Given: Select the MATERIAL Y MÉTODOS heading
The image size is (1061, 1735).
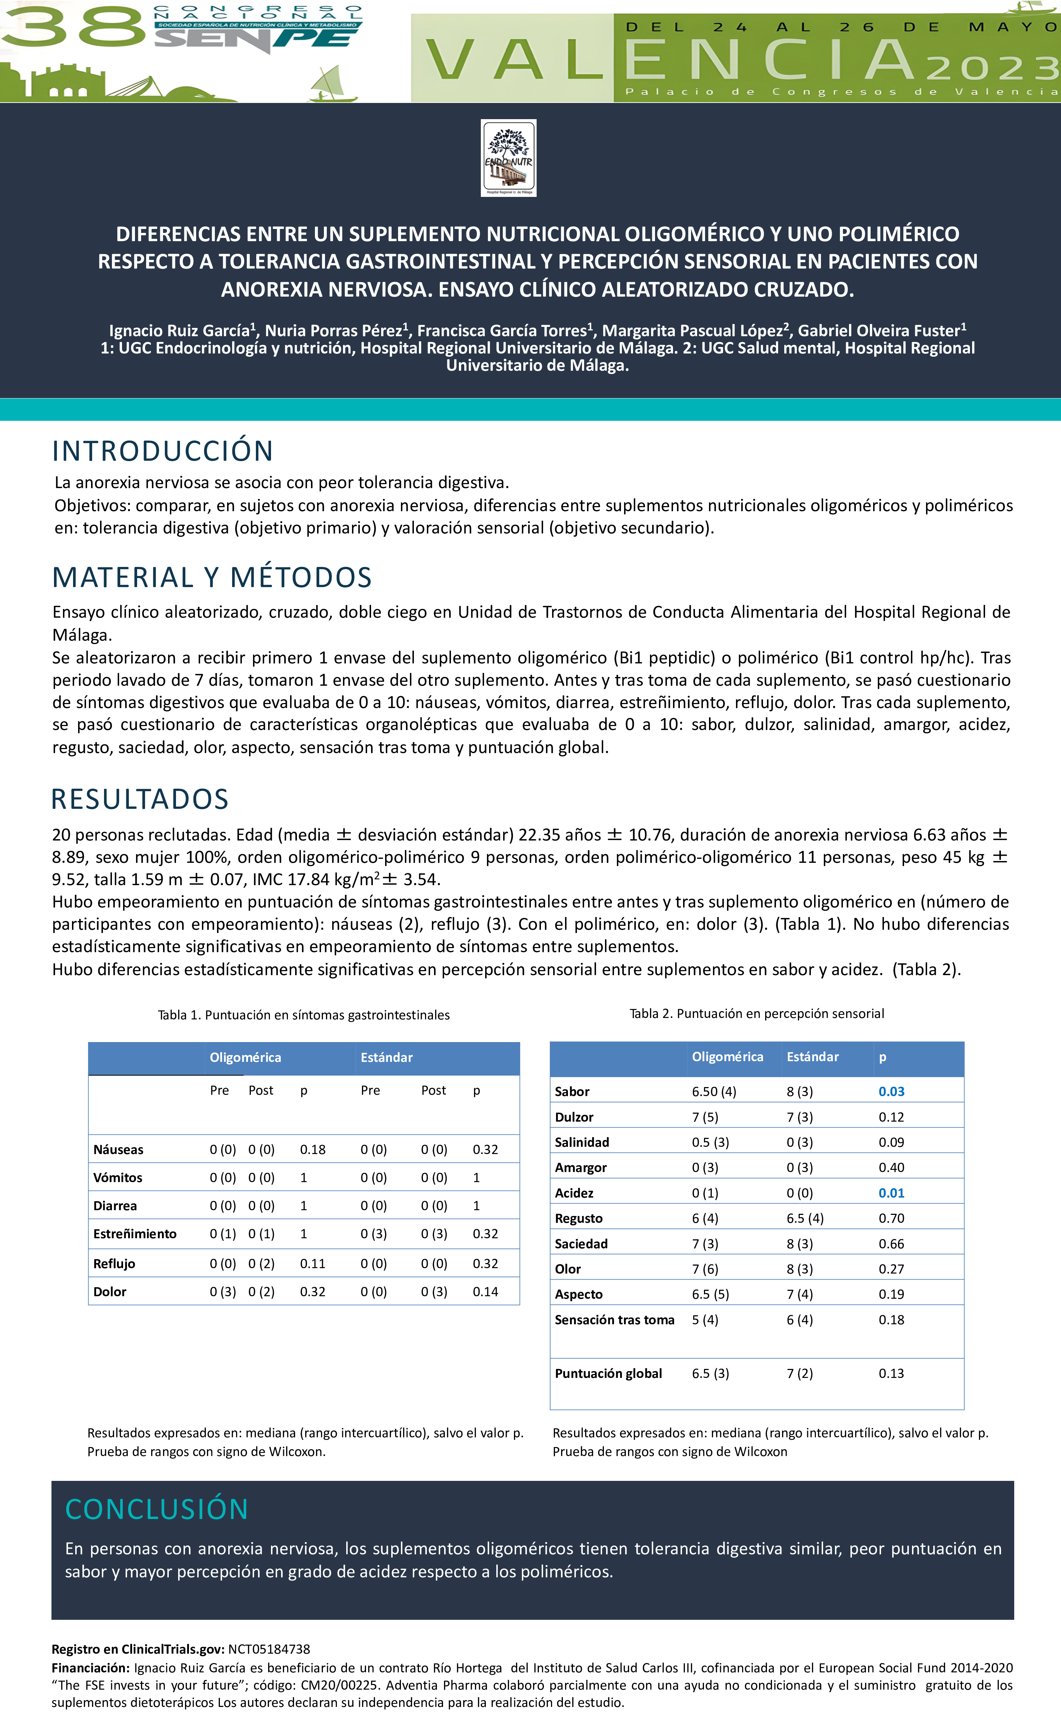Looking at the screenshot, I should point(212,577).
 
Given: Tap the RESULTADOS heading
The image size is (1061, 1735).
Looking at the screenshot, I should point(140,799).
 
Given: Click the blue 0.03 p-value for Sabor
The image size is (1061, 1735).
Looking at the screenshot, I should point(891,1091).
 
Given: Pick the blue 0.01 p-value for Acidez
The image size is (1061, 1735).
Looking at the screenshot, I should point(891,1193).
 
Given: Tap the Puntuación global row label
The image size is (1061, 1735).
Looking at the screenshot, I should point(608,1373).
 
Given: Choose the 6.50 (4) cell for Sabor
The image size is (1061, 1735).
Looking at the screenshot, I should point(714,1091).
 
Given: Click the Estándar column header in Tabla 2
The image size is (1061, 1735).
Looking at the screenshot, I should point(812,1056).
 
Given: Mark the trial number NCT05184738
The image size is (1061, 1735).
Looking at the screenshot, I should point(269,1649).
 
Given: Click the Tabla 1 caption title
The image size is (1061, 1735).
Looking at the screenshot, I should point(303,1015).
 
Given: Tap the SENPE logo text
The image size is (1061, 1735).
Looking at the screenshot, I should point(253,39).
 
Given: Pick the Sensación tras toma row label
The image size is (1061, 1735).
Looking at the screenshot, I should point(615,1320).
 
